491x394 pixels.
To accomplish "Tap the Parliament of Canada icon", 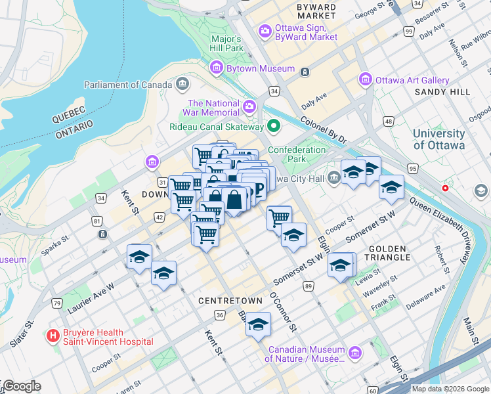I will click(x=182, y=84).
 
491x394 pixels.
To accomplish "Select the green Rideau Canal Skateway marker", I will click(x=274, y=126).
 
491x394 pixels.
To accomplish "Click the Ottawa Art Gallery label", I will click(x=412, y=80).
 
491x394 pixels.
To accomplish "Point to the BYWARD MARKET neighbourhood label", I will click(x=316, y=11).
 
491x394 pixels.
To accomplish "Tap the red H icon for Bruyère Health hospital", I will click(x=53, y=336).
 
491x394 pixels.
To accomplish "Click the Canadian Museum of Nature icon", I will click(x=355, y=353).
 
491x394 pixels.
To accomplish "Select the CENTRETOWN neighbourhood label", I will click(x=226, y=300).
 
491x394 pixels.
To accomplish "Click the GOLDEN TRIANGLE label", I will click(x=394, y=253).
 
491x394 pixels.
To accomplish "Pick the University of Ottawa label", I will click(x=438, y=139).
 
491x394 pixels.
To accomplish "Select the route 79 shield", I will click(x=58, y=303).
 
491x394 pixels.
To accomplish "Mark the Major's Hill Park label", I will click(x=226, y=43).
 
